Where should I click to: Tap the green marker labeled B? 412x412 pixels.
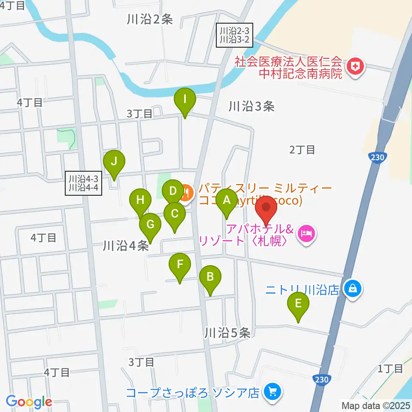point(210,277)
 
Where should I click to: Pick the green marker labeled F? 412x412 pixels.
point(179,264)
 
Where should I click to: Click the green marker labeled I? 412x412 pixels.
point(185,100)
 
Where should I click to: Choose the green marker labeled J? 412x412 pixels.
point(114,162)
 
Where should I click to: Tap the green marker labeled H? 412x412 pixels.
point(140,200)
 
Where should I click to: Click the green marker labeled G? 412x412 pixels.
point(150,224)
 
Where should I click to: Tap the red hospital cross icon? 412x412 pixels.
point(355,67)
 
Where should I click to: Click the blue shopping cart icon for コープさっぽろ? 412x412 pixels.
point(271,391)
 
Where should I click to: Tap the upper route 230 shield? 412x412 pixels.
point(372,157)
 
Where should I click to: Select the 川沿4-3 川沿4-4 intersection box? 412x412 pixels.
point(84,183)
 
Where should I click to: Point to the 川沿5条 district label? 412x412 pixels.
point(227,333)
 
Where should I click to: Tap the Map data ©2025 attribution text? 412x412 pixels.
point(376,405)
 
